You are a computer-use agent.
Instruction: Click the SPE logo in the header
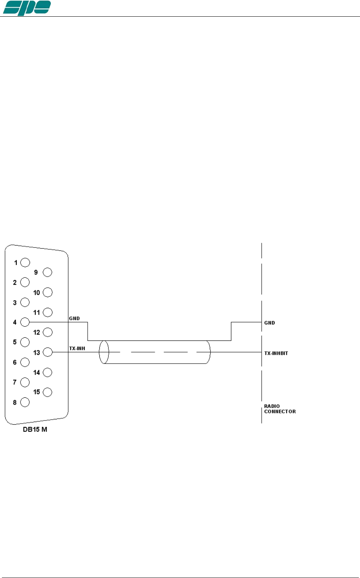click(x=27, y=8)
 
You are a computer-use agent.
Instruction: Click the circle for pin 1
click(x=25, y=262)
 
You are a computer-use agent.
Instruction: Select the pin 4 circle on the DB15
click(x=25, y=322)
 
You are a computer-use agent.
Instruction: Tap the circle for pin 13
click(x=47, y=352)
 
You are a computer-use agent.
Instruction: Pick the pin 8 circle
click(x=25, y=402)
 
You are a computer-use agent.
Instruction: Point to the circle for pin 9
click(x=47, y=272)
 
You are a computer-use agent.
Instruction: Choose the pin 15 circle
click(x=47, y=392)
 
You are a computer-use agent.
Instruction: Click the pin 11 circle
click(x=47, y=312)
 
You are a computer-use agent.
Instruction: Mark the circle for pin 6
click(x=25, y=362)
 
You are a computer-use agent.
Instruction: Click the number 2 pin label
click(x=15, y=283)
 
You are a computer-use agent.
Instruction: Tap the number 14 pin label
click(x=36, y=373)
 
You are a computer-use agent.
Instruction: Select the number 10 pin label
click(x=36, y=293)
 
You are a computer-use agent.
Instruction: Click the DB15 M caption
click(x=35, y=430)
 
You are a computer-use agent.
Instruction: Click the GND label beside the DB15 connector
click(x=74, y=318)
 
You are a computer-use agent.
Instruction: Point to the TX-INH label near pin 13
click(x=77, y=348)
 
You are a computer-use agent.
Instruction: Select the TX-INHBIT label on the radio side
click(x=276, y=353)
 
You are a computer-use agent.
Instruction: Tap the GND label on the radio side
click(x=270, y=323)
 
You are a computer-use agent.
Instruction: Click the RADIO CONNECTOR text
click(x=280, y=409)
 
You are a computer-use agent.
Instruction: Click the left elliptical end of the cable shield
click(x=104, y=352)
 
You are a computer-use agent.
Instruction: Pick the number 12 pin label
click(x=36, y=332)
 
